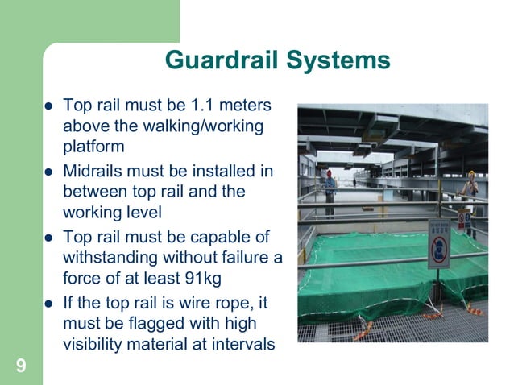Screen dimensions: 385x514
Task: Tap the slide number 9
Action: tap(20, 367)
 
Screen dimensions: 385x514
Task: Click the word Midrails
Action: tap(95, 172)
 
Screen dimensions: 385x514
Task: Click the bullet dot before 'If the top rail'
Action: tap(48, 304)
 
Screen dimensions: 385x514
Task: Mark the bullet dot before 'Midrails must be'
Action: tap(48, 173)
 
